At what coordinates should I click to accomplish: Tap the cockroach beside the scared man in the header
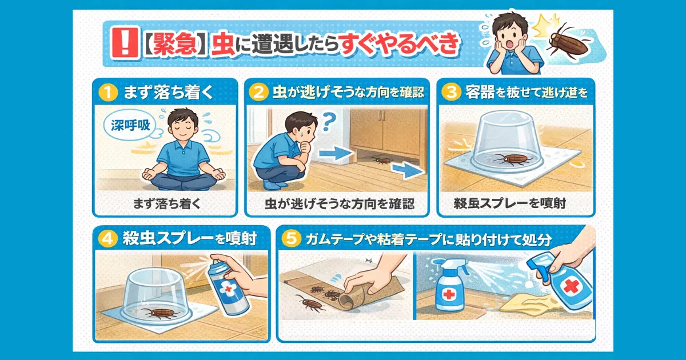569,41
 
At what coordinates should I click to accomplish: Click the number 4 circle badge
107,238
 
